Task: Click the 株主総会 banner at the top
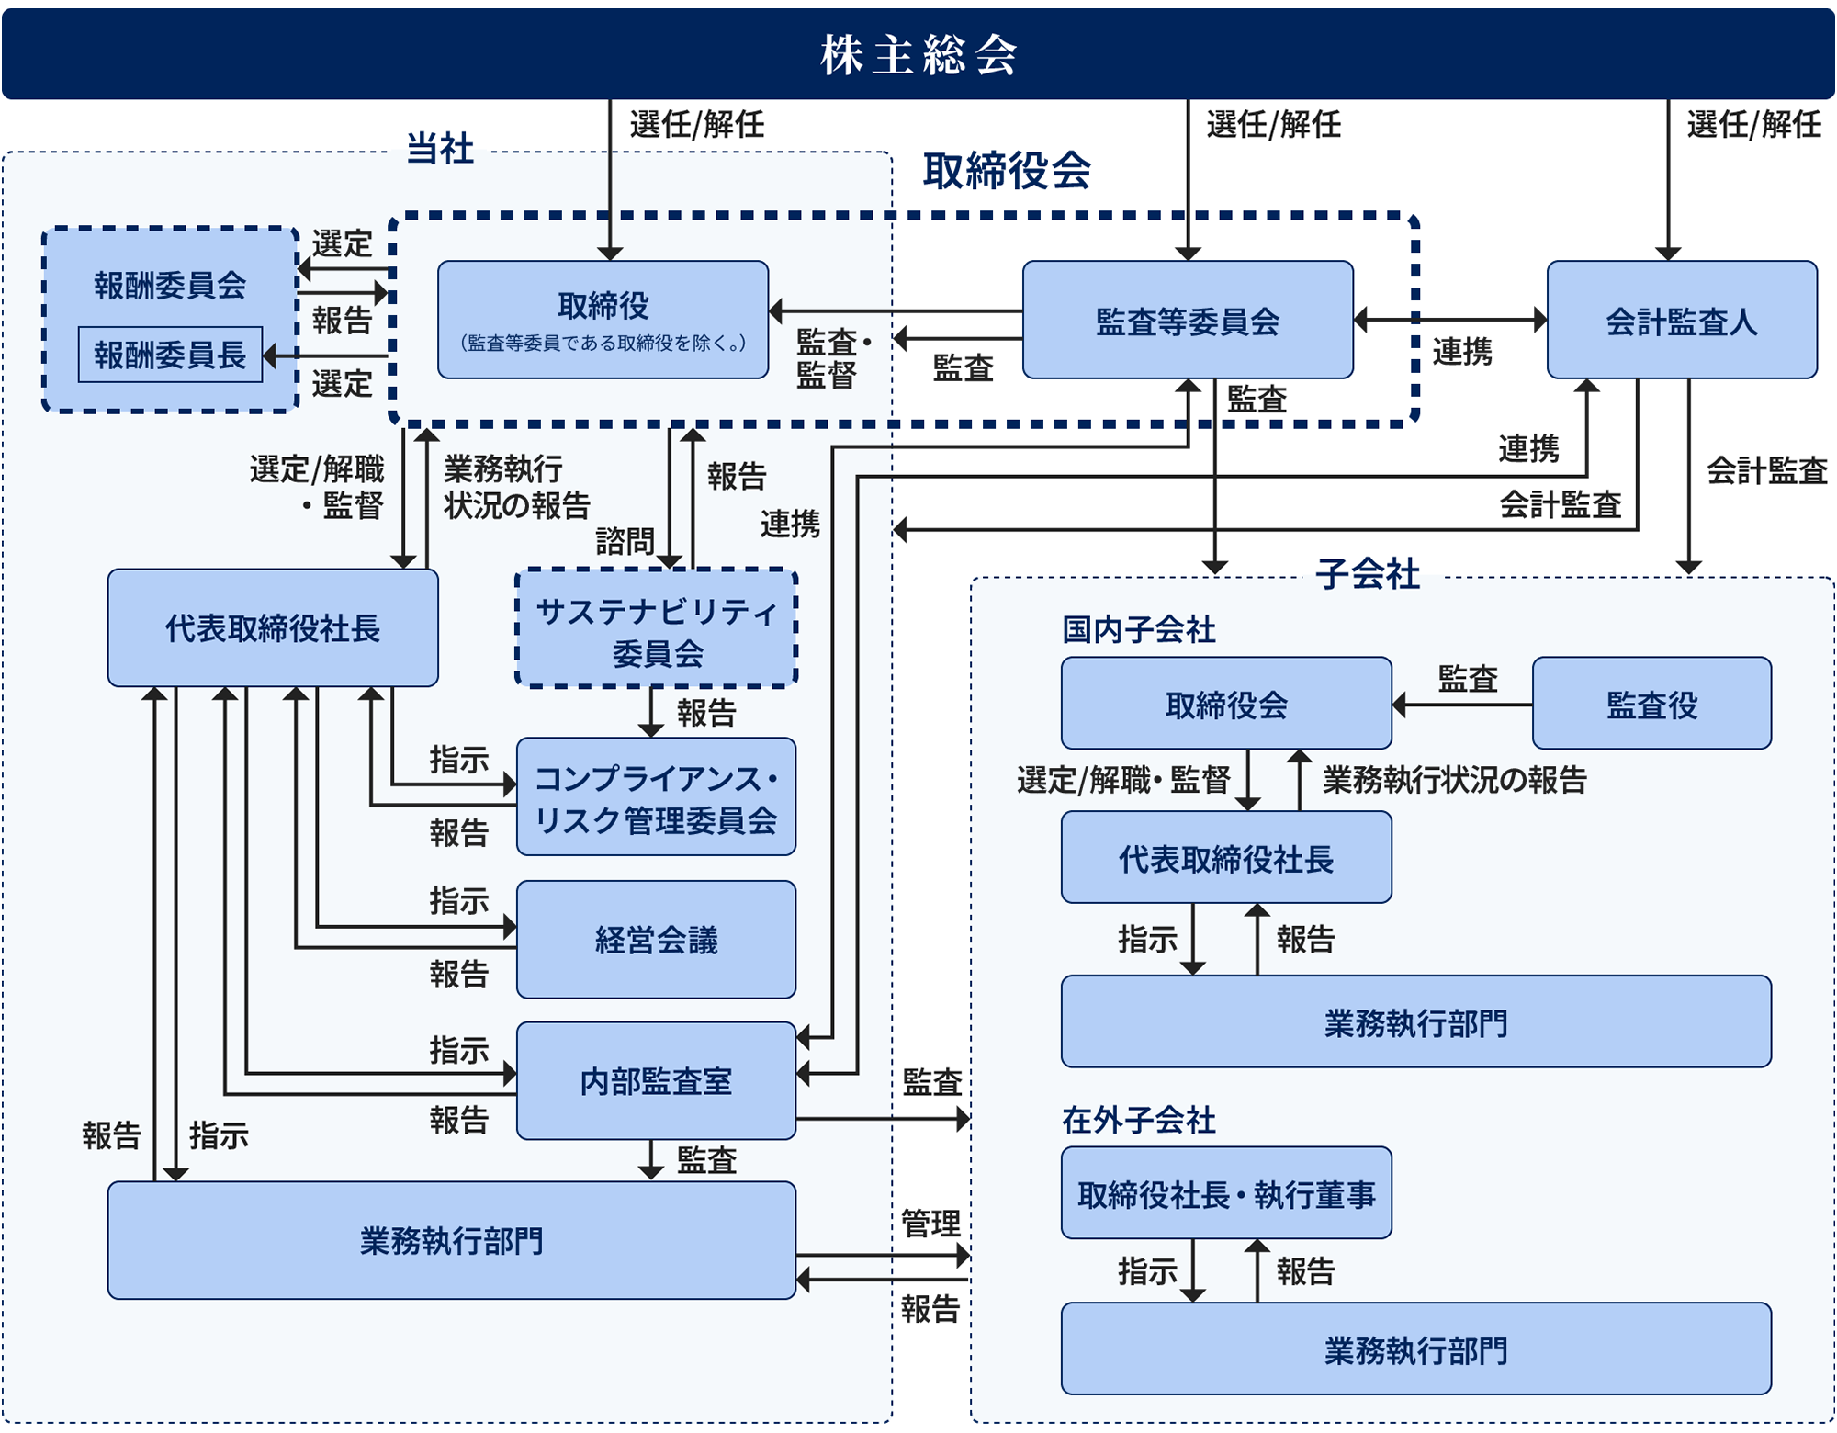[918, 54]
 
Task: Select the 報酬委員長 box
[170, 355]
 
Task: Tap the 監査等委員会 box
[1187, 321]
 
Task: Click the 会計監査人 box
[1681, 321]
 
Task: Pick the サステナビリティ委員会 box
[656, 629]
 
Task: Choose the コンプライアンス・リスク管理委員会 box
[656, 797]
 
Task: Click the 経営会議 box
[656, 940]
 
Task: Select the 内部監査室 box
[656, 1081]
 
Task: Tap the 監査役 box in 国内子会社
[1651, 705]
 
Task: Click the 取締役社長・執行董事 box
[1226, 1193]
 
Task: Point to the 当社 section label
[440, 149]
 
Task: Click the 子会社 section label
[1368, 574]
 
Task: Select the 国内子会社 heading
[1139, 630]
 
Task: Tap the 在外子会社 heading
[1139, 1120]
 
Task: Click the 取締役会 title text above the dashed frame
[1007, 171]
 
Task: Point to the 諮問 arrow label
[625, 541]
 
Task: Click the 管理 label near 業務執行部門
[930, 1224]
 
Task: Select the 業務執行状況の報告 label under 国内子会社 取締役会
[1454, 780]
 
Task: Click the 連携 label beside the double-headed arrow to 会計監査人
[1462, 352]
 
